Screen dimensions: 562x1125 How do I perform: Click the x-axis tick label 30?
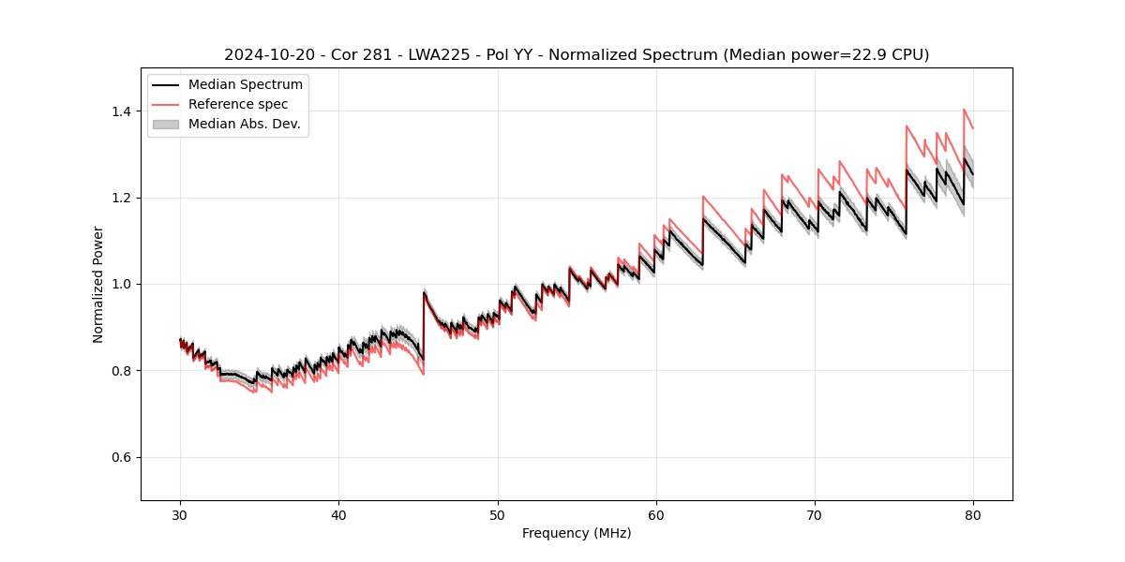180,515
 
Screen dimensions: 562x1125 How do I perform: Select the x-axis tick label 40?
338,515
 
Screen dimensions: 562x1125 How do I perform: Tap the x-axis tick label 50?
497,515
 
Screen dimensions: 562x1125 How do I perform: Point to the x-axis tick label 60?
655,515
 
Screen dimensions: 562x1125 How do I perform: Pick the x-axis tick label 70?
815,515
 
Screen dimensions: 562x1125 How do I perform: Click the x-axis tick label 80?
973,515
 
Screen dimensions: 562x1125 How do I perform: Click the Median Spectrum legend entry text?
246,85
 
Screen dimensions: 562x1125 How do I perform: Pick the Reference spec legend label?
238,104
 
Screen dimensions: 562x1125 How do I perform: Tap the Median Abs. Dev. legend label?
245,124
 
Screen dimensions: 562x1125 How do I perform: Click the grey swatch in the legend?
166,124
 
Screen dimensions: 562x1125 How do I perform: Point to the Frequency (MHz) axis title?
577,533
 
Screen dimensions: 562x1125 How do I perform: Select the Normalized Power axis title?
98,284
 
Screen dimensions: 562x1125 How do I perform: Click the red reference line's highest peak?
964,110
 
